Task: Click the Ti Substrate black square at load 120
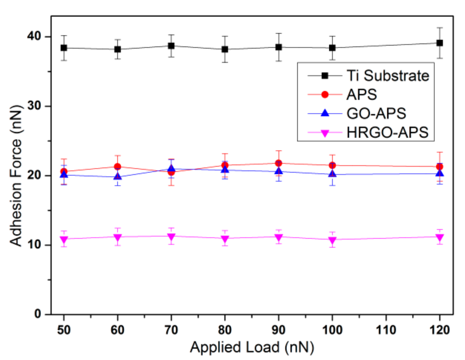440,43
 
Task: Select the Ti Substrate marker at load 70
171,46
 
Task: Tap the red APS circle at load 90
279,163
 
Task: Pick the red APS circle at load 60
118,167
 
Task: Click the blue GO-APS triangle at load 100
332,174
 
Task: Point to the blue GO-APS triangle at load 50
64,174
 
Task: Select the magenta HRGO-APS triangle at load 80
225,239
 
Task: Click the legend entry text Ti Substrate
388,76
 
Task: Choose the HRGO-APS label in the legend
387,132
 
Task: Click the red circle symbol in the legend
325,95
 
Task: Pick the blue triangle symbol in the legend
325,113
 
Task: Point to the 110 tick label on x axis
386,330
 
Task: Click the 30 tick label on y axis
34,106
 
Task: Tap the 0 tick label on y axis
38,314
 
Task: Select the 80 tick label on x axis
225,330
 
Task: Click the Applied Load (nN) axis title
252,347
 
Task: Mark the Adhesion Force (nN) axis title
16,176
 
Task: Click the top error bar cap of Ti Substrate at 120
440,28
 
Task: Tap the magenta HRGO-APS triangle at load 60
118,237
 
